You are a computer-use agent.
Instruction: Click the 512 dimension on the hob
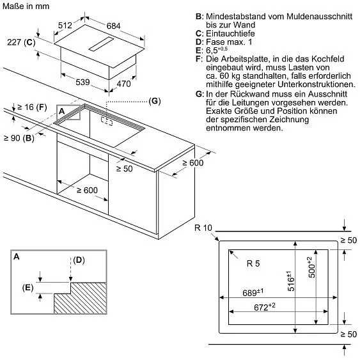pos(64,26)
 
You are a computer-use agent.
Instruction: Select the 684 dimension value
pos(113,26)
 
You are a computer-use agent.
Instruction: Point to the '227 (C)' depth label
pos(20,43)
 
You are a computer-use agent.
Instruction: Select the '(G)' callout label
pos(154,101)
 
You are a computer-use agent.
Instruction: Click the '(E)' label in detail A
pos(28,288)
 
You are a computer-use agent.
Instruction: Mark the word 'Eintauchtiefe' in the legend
pos(231,32)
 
